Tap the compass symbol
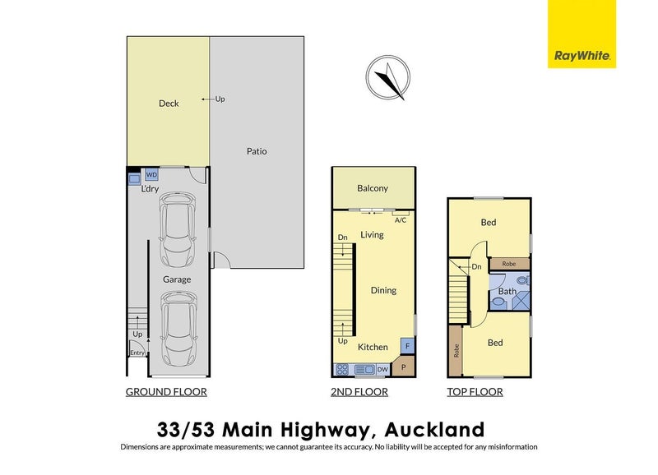point(386,79)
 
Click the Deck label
point(169,104)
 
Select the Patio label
point(257,151)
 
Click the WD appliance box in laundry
point(151,175)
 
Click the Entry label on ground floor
point(137,353)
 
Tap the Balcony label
point(373,189)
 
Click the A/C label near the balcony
point(401,220)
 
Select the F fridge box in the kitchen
point(405,346)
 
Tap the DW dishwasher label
point(382,370)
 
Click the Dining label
point(383,290)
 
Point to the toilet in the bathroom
point(498,302)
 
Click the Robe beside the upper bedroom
point(509,265)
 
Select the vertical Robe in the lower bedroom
point(456,349)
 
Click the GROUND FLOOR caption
point(165,392)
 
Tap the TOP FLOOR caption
point(475,392)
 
